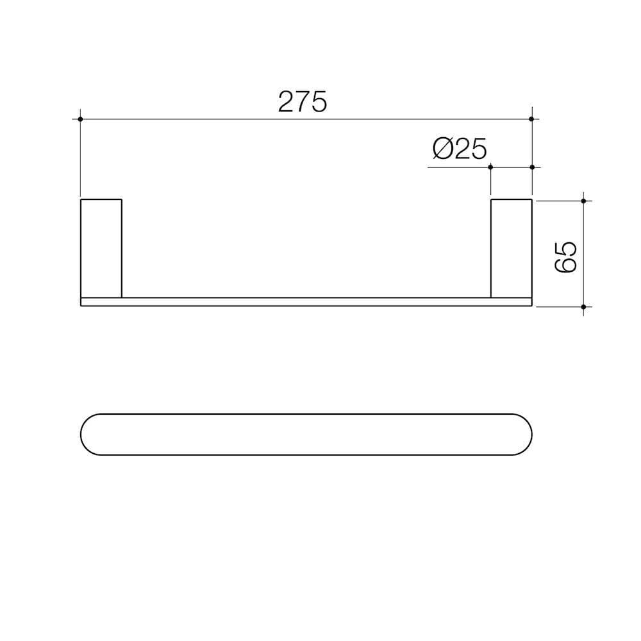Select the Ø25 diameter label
click(x=460, y=149)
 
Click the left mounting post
click(x=101, y=248)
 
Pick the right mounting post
click(x=511, y=248)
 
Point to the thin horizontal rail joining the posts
click(x=306, y=302)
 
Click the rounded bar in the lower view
click(x=306, y=435)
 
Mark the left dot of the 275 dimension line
click(x=80, y=119)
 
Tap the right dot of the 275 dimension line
click(x=532, y=119)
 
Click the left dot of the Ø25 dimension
click(x=490, y=167)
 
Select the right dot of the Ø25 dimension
click(x=532, y=167)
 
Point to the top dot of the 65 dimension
click(x=583, y=201)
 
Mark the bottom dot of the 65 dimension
click(x=583, y=307)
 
